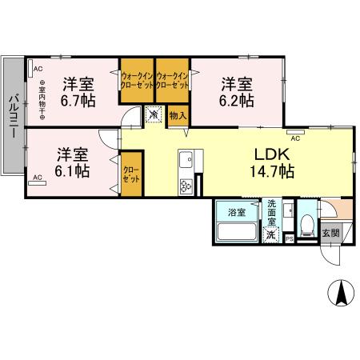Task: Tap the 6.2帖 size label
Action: (x=238, y=101)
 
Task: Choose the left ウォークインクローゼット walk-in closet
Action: (x=137, y=80)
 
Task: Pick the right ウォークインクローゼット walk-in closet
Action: (x=172, y=80)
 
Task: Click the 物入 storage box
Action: (x=178, y=116)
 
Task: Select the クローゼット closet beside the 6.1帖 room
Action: (x=131, y=174)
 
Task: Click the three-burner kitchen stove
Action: (x=185, y=186)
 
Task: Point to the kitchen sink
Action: (x=184, y=158)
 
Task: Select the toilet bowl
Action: (x=308, y=225)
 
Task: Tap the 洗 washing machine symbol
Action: (x=271, y=235)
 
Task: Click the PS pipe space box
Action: (x=290, y=238)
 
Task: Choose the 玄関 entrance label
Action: (x=330, y=233)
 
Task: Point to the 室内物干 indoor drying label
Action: (x=42, y=102)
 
